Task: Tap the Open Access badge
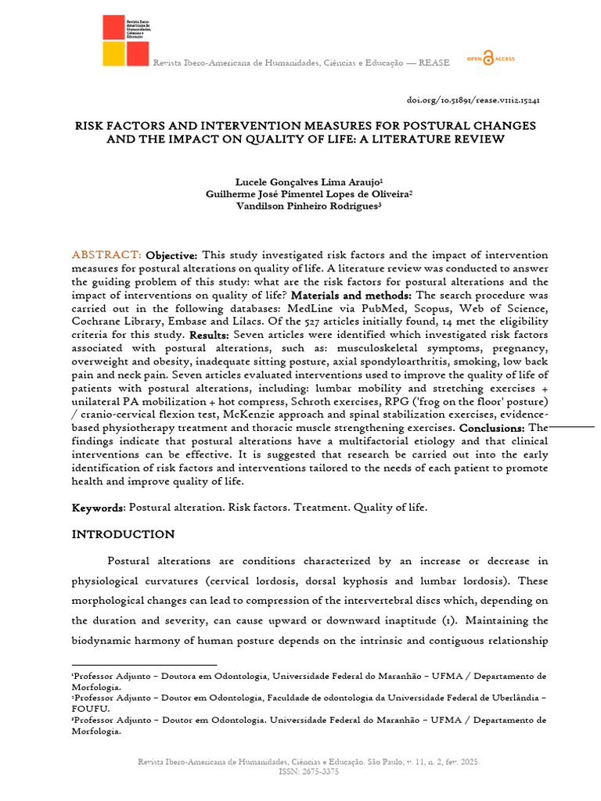coord(490,59)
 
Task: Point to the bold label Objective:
coord(172,255)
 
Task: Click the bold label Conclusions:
coord(492,428)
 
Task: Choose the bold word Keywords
coord(98,508)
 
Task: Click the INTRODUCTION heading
coord(123,534)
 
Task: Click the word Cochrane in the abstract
coord(96,321)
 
